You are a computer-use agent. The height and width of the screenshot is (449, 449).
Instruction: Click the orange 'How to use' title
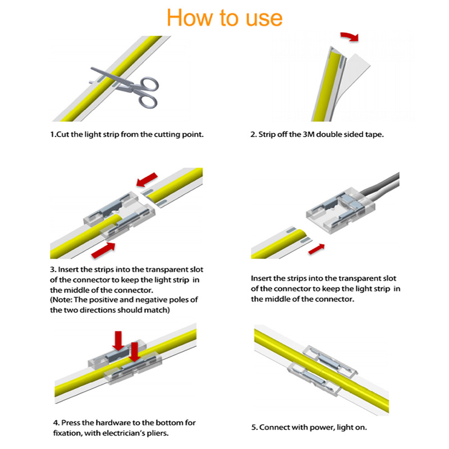tap(224, 18)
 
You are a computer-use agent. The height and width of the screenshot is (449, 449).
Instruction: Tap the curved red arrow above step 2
tap(350, 36)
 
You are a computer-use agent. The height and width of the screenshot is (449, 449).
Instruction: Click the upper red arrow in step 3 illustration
tap(146, 180)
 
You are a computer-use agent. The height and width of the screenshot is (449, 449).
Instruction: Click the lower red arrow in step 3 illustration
tap(103, 250)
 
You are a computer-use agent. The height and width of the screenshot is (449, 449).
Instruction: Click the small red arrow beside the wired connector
tap(317, 249)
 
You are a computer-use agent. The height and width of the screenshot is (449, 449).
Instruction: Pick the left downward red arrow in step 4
tap(118, 341)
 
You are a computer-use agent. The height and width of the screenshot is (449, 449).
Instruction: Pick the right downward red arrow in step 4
tap(134, 352)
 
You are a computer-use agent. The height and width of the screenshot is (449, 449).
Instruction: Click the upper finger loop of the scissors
tap(150, 84)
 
